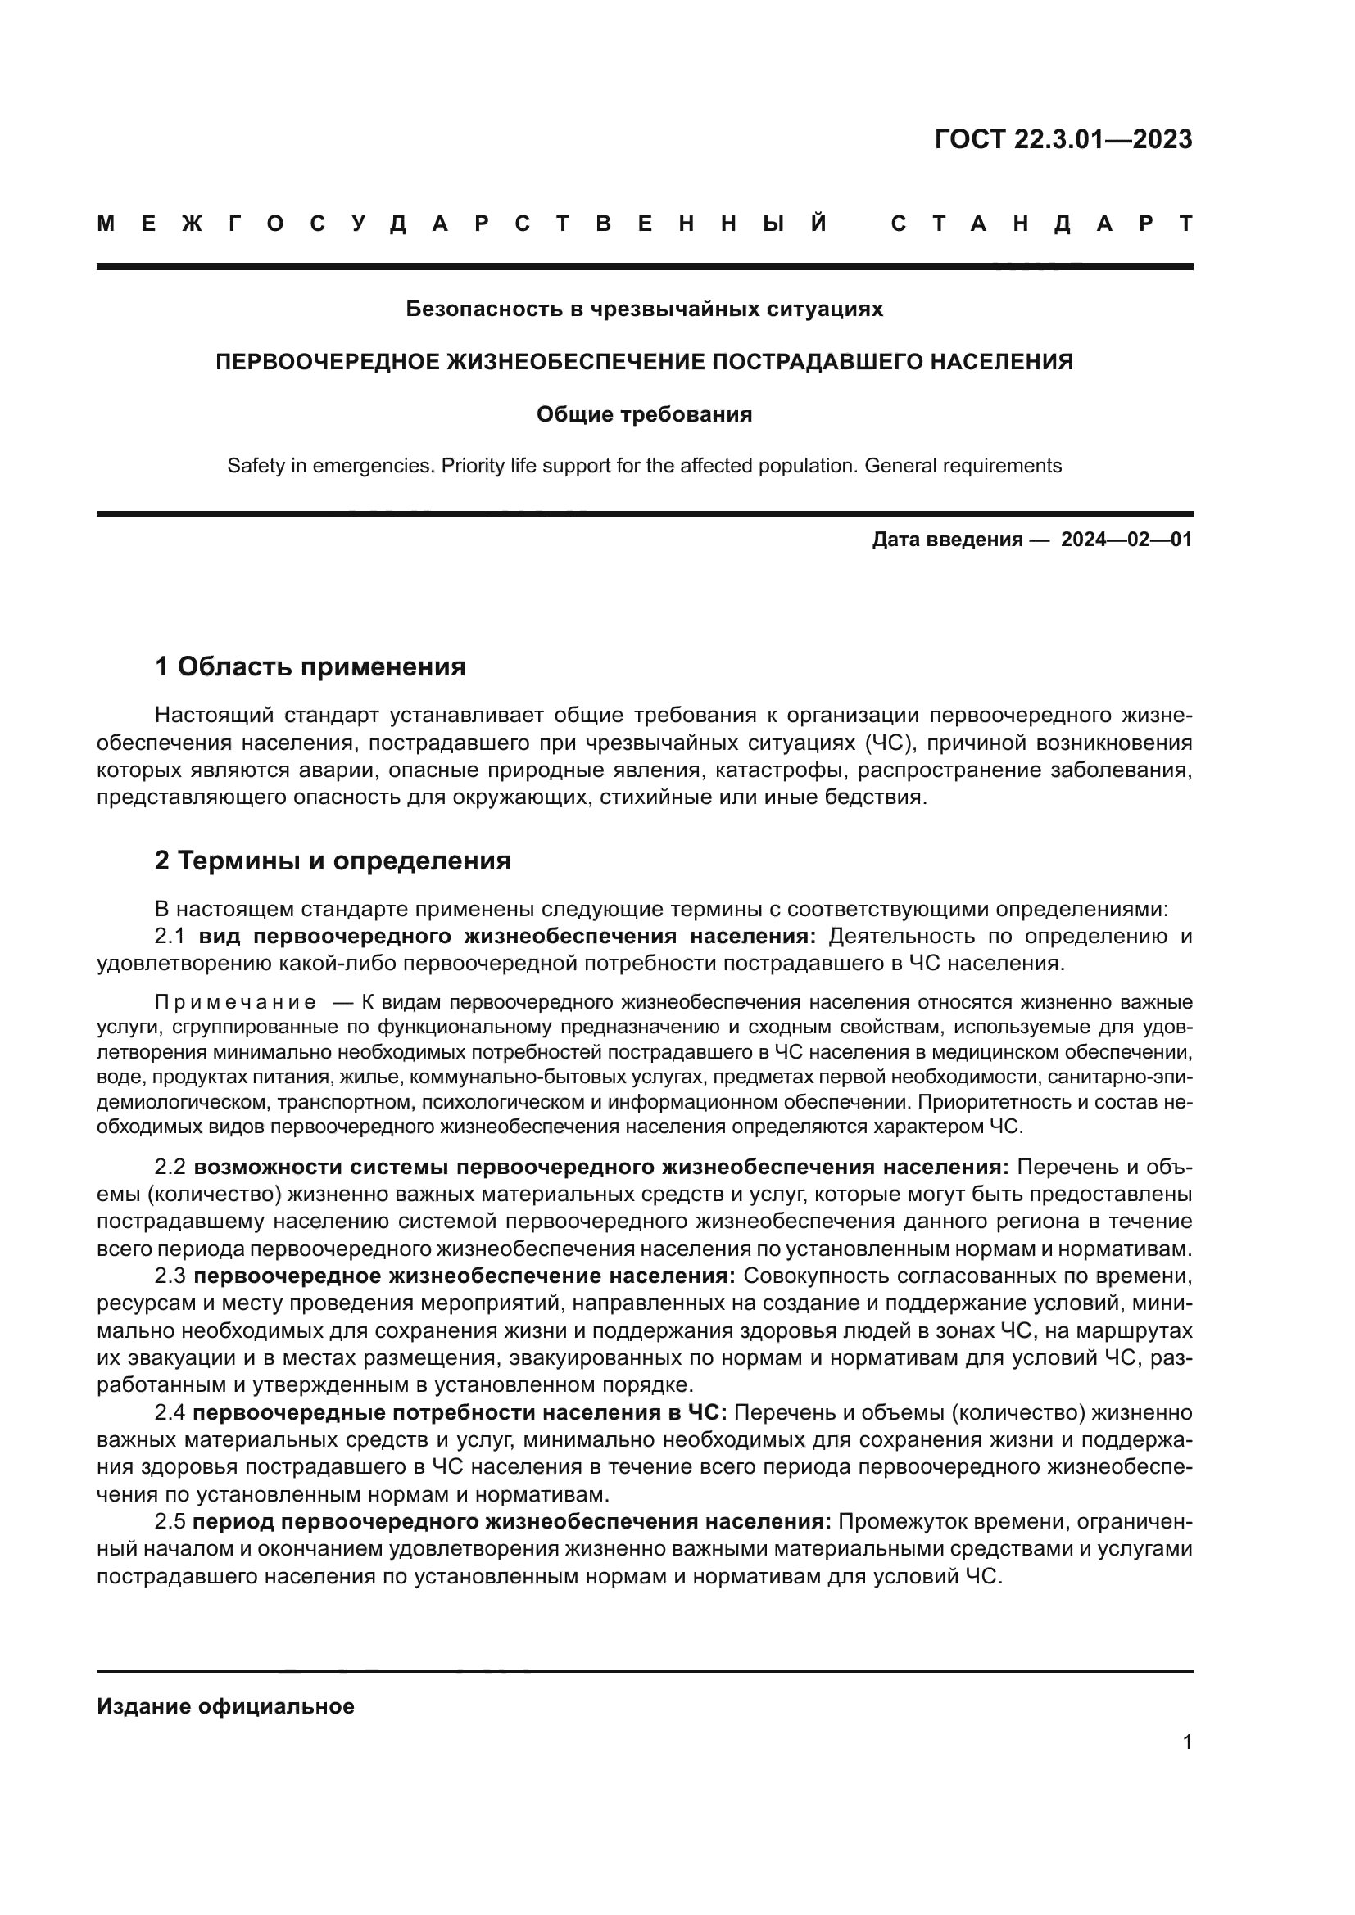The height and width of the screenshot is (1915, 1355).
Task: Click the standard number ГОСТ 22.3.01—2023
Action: tap(1063, 139)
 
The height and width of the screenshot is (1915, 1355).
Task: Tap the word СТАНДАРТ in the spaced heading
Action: tap(1042, 224)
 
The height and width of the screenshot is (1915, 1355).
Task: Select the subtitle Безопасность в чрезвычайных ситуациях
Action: tap(644, 309)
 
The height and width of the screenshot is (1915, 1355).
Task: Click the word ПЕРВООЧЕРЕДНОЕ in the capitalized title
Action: tap(329, 362)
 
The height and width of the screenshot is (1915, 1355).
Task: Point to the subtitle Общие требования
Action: tap(644, 414)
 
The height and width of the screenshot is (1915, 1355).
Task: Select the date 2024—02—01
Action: tap(1126, 540)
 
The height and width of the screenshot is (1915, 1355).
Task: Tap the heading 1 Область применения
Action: tap(310, 666)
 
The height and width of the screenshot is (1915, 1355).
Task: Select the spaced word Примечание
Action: tap(235, 1001)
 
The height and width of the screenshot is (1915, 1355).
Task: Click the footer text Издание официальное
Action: tap(225, 1706)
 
